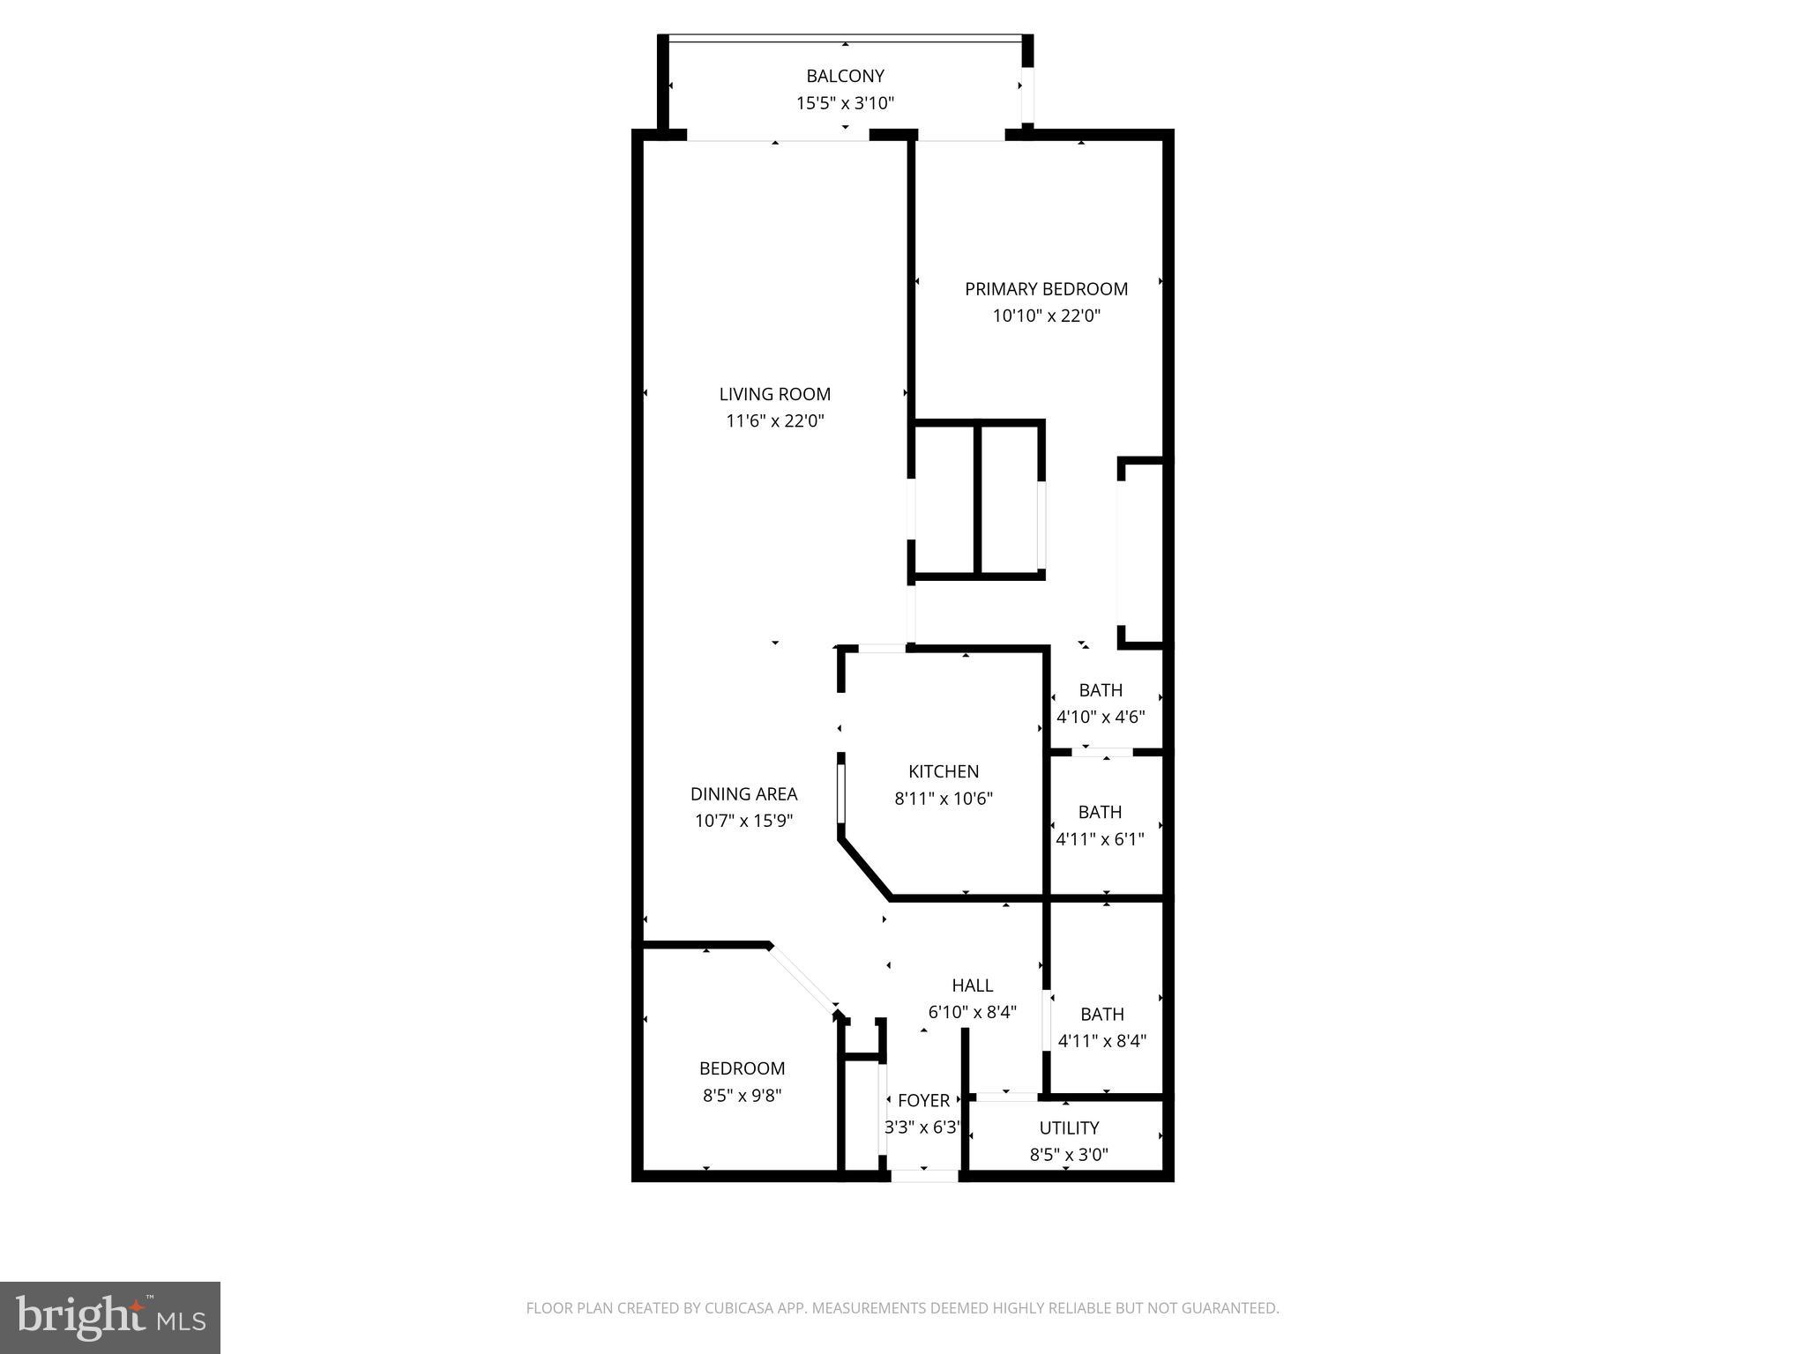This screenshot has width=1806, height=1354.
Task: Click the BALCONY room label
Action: tap(845, 77)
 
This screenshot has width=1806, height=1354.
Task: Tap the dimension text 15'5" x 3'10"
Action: tap(845, 103)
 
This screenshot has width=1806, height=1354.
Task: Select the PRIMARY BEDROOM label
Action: tap(1046, 289)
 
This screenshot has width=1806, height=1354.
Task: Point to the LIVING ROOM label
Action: tap(774, 394)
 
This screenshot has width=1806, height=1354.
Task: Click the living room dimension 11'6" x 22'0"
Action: tap(774, 421)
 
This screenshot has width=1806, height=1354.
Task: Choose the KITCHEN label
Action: tap(944, 771)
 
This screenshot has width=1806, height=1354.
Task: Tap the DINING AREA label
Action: tap(743, 794)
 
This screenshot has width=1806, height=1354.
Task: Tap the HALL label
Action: tap(972, 986)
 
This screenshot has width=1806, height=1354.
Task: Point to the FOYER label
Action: tap(923, 1100)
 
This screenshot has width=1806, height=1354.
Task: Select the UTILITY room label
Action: tap(1069, 1127)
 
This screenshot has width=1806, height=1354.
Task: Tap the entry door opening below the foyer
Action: tap(923, 1175)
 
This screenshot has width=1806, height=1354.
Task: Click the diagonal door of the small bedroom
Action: tap(802, 978)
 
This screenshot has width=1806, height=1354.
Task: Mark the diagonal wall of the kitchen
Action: tap(865, 869)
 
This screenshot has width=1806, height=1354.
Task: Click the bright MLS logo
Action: tap(109, 1317)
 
